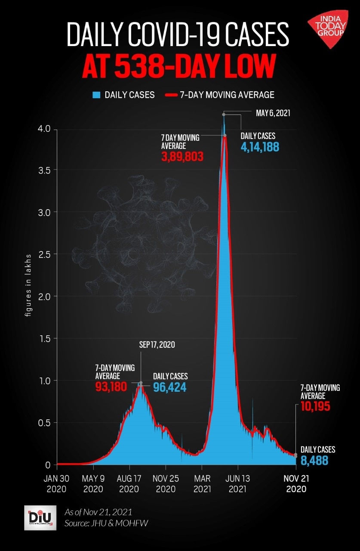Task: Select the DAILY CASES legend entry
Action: [124, 95]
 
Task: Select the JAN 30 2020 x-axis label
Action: [57, 483]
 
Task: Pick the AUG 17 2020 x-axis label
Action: [129, 483]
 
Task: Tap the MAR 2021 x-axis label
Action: [202, 483]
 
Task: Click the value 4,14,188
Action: [260, 147]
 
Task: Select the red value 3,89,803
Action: [182, 157]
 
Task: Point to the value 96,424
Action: [170, 387]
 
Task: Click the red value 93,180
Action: [111, 387]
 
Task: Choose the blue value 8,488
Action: [314, 461]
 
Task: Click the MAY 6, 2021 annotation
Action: [273, 114]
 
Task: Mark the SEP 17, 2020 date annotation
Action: [157, 344]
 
